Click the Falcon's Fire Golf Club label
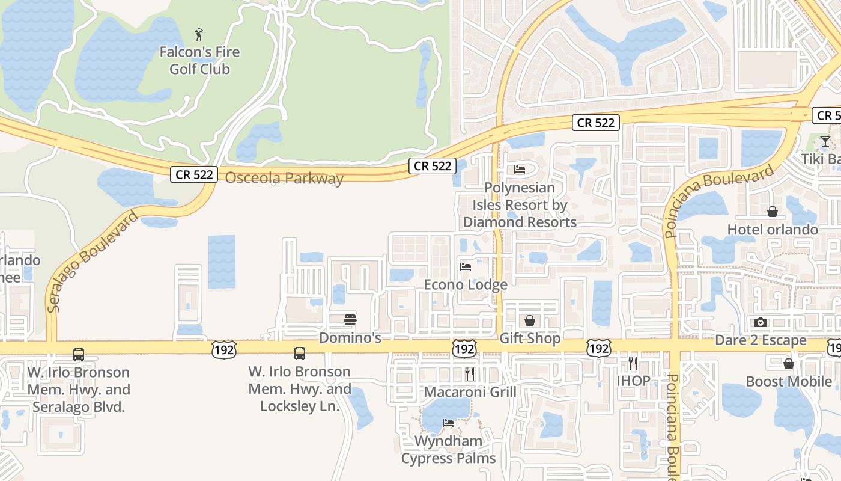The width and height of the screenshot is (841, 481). point(199,61)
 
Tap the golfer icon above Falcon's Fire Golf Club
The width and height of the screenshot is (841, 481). point(199,34)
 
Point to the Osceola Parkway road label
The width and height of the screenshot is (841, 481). point(284,178)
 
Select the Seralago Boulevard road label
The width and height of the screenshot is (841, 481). point(93,261)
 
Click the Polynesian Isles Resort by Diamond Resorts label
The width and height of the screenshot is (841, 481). point(520,205)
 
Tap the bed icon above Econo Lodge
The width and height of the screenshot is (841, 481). point(466,266)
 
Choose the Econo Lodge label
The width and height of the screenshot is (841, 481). point(466,284)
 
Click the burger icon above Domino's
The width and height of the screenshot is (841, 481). point(350,319)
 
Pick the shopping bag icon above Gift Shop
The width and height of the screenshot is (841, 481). point(530,320)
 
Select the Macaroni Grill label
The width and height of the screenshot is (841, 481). point(470,392)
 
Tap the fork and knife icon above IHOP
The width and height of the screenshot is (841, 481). point(633,363)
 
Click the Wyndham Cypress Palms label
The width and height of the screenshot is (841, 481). point(449,450)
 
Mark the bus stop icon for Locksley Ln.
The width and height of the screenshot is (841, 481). point(300,354)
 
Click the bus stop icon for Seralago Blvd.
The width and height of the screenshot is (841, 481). point(79,355)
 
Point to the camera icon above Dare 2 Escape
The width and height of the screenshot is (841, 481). point(761,322)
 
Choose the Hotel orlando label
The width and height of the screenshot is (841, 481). point(773,230)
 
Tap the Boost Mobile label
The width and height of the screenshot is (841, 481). point(789,381)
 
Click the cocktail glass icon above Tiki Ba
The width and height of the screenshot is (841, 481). point(825,141)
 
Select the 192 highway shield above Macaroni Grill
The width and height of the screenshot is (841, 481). point(466,349)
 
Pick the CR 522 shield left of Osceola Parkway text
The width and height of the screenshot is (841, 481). point(194,174)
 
